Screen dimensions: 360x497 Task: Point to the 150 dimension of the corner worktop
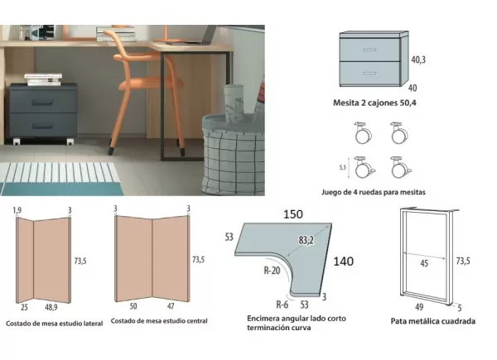(x=292, y=214)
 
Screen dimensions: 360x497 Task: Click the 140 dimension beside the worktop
(x=343, y=262)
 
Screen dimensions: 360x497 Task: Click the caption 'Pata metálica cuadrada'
(x=432, y=321)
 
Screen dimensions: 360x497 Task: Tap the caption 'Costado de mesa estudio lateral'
(x=54, y=323)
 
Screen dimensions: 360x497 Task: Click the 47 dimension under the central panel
(x=172, y=305)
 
